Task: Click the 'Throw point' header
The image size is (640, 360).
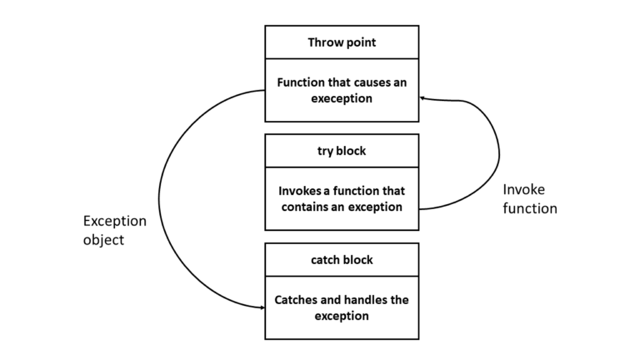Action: click(x=342, y=42)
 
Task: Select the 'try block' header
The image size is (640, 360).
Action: click(x=342, y=151)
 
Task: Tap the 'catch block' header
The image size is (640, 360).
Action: click(x=342, y=260)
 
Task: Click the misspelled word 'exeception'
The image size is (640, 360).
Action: click(x=342, y=98)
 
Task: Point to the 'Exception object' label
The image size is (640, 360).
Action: click(x=114, y=230)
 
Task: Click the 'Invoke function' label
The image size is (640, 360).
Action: click(x=529, y=198)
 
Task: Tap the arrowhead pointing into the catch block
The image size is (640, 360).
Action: click(x=261, y=307)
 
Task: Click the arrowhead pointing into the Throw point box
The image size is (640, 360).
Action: click(x=423, y=98)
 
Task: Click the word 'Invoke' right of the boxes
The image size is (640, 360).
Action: click(x=523, y=189)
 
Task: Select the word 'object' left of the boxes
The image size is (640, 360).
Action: click(x=103, y=239)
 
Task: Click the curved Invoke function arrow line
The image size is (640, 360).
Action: click(x=497, y=154)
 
